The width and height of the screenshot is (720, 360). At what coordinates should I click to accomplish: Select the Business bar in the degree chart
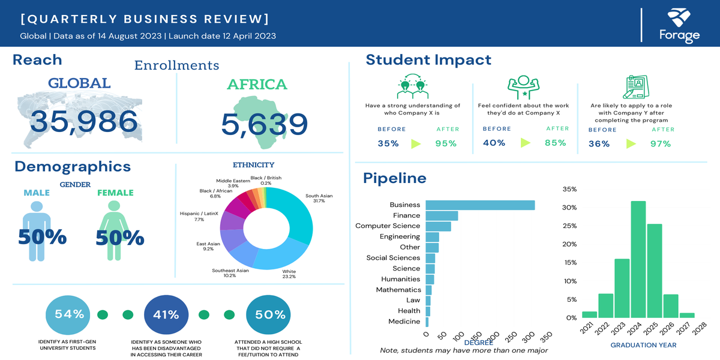(480, 205)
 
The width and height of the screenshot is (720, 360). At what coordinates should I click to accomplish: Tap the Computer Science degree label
(388, 226)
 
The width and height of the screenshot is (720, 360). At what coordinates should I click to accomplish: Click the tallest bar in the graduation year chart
(638, 259)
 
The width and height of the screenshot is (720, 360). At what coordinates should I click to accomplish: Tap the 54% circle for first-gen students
(70, 314)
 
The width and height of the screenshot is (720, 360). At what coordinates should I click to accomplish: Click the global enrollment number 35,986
(84, 122)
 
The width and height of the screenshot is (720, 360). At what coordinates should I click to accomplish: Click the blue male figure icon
(37, 231)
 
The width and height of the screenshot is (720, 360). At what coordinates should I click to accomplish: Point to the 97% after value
(659, 143)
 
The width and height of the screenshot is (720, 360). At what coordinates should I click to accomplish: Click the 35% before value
(388, 143)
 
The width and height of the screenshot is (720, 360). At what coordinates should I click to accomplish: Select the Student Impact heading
(428, 60)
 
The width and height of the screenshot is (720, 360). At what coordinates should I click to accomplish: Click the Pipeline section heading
(395, 178)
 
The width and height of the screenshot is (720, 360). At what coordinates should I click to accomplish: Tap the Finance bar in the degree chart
(442, 216)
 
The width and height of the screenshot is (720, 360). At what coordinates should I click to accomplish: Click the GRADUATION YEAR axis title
(643, 345)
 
